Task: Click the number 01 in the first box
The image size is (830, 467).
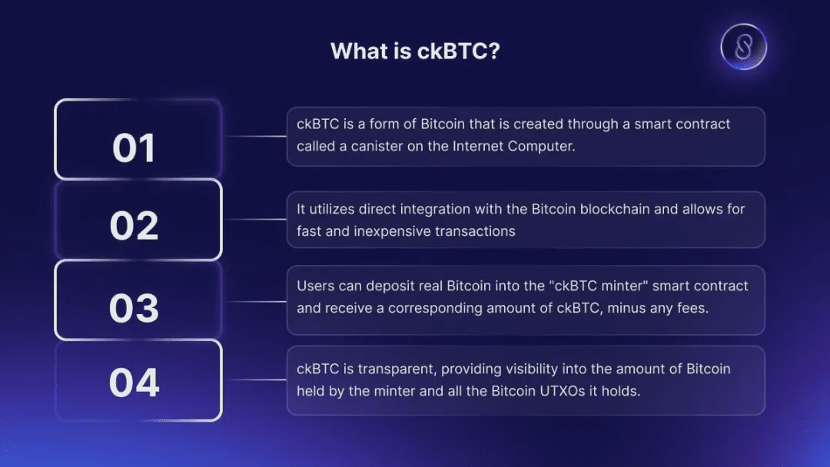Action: [x=134, y=147]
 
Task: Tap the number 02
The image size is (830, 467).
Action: [x=134, y=226]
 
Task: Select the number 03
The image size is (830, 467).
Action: [x=134, y=308]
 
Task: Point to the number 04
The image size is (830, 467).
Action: [x=134, y=383]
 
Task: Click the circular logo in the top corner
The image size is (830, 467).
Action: [x=743, y=48]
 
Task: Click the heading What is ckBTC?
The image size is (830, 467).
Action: [x=416, y=51]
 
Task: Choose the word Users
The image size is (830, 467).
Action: [x=315, y=286]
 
